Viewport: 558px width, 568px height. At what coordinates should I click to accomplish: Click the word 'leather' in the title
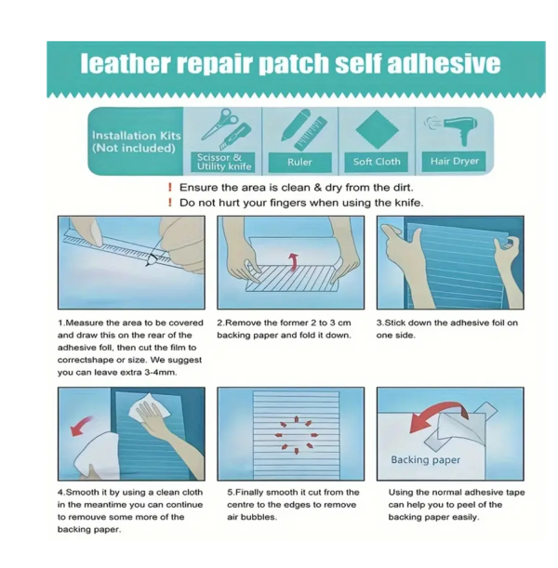point(125,63)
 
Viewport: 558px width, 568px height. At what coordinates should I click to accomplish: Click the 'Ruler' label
point(299,162)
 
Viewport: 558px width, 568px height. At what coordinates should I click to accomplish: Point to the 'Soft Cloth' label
point(377,162)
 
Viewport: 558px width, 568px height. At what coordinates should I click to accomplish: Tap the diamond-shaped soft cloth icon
point(377,130)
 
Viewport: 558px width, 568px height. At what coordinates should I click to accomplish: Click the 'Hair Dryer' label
point(455,161)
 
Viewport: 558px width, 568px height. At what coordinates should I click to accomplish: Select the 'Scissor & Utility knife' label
point(224,162)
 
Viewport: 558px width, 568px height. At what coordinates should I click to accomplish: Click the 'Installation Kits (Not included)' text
point(136,141)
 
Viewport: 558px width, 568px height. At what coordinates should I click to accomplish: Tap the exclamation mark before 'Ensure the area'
point(170,187)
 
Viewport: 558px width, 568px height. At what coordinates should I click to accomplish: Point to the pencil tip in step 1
point(147,266)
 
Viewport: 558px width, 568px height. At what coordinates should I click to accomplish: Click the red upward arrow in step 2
point(293,261)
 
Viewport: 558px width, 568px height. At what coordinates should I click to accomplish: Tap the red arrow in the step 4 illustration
point(81,425)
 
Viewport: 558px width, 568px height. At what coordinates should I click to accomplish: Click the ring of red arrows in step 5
point(297,435)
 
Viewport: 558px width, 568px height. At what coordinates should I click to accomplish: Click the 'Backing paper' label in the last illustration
point(425,460)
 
